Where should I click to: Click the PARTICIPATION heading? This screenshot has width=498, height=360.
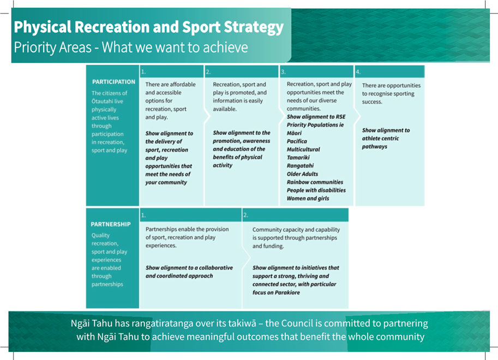(113, 82)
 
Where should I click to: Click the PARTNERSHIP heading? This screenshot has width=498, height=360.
(111, 224)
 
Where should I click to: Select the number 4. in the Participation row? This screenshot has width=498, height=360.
(358, 72)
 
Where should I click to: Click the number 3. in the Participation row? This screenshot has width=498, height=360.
(283, 72)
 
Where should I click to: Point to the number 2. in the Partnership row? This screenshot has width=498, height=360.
(245, 215)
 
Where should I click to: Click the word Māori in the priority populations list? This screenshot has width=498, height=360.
(294, 133)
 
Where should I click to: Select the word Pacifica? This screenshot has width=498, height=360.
(297, 141)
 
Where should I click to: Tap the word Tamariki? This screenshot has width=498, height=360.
(298, 158)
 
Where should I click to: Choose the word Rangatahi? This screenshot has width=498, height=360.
(300, 165)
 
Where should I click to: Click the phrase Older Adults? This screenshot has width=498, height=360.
(302, 174)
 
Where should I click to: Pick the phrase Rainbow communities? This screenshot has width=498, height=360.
(315, 182)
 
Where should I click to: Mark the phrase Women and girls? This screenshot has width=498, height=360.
(308, 198)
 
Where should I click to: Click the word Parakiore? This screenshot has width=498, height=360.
(287, 292)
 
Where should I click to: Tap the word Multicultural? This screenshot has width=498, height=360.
(303, 149)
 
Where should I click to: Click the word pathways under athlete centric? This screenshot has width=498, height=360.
(375, 147)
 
